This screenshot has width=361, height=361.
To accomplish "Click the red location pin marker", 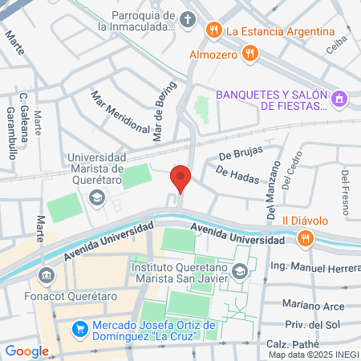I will click(181, 178).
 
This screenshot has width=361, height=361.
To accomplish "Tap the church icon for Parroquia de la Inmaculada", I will click(187, 19).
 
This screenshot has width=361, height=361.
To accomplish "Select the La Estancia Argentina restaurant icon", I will click(213, 31).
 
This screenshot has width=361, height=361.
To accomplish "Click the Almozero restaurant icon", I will click(250, 54).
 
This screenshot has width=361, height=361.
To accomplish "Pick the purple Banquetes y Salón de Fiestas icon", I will click(339, 98).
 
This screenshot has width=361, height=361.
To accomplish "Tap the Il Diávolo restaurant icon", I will click(305, 237).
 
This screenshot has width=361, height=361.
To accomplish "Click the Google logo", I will click(26, 351).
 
